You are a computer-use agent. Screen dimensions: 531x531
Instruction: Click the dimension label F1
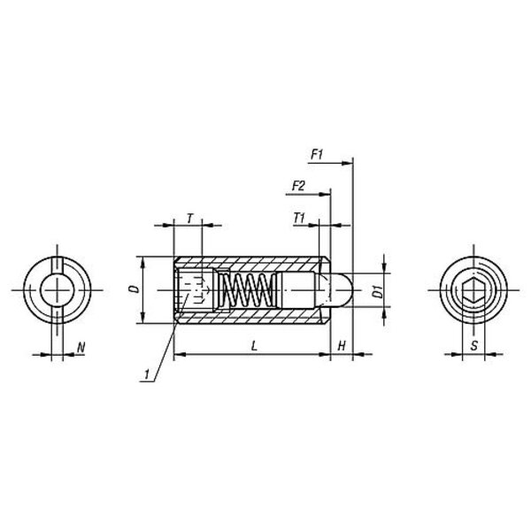[317, 155]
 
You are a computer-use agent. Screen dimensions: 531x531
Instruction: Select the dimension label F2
[298, 186]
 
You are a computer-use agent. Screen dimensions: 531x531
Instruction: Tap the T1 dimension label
[299, 218]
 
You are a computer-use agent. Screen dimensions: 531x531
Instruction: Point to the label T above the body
[190, 219]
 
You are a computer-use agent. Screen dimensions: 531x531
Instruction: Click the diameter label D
[135, 289]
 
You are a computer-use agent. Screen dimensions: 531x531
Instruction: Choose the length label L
[255, 346]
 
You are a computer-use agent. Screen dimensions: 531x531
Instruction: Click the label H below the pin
[342, 346]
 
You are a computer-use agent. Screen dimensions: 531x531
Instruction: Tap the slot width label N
[81, 347]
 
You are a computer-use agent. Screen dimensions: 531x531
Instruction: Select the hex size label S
[474, 345]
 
